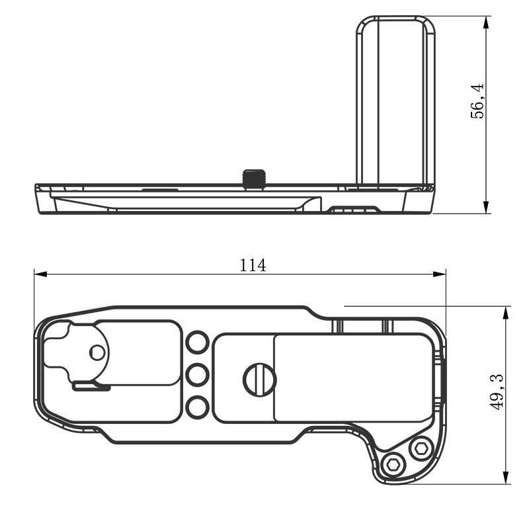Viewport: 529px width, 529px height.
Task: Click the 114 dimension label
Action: click(x=253, y=265)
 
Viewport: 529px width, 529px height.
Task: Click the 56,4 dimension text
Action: click(x=477, y=101)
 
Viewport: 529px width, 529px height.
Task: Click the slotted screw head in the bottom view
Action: click(x=259, y=380)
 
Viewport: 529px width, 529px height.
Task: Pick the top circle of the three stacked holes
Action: click(x=198, y=343)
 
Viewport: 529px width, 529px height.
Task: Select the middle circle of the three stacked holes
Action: click(x=198, y=375)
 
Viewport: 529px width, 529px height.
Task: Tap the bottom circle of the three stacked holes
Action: click(x=198, y=407)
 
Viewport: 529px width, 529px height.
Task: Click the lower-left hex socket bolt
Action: click(x=393, y=465)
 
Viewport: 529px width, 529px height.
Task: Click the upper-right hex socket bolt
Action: click(x=421, y=449)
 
